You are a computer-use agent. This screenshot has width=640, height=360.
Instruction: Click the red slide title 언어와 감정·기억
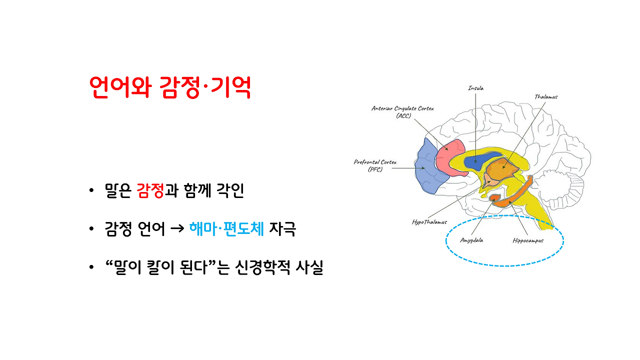(169, 88)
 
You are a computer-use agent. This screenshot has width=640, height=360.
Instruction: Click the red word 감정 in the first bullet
(150, 191)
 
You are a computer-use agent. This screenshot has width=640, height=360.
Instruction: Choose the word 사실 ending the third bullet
(309, 268)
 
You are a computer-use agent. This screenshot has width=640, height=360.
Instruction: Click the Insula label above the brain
(475, 88)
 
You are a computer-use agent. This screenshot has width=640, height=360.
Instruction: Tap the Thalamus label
(545, 96)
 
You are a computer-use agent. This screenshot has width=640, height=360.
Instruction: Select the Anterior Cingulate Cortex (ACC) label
(402, 111)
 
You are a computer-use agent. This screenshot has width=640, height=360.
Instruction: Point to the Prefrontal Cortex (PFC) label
(375, 165)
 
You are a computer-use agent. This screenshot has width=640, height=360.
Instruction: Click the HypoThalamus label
(429, 221)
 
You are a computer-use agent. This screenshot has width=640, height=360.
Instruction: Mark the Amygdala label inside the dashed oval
(471, 240)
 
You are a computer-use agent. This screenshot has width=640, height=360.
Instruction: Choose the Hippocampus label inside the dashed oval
(527, 240)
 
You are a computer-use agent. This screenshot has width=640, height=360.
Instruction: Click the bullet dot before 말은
(90, 191)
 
